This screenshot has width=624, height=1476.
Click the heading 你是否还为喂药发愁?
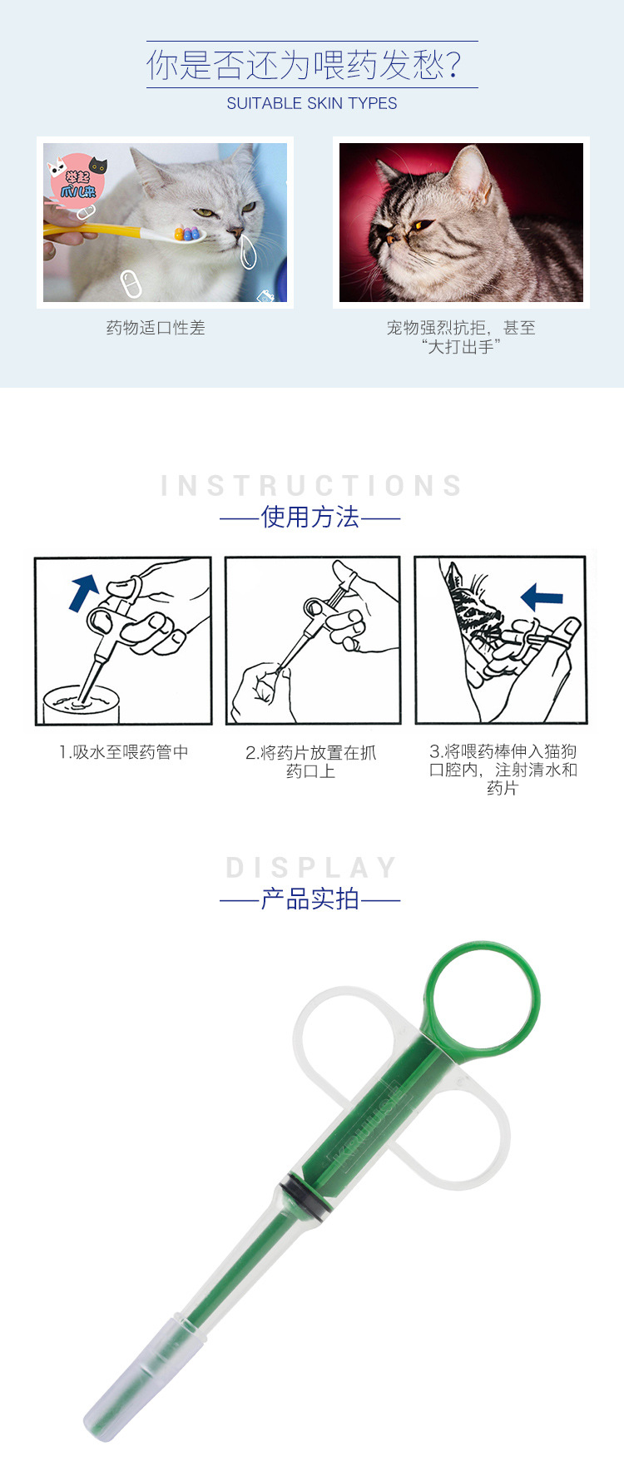[x=305, y=65]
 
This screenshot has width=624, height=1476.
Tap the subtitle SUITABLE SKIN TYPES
[x=312, y=103]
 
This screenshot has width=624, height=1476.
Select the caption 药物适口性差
[x=156, y=328]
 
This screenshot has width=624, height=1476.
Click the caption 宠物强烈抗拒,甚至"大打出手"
[x=461, y=337]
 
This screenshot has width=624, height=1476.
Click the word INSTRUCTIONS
[x=312, y=485]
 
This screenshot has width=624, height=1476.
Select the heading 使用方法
[x=310, y=517]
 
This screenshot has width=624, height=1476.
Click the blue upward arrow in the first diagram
[x=84, y=592]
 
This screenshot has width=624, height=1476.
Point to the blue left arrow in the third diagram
[x=542, y=596]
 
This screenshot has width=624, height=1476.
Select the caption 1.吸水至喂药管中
[x=124, y=752]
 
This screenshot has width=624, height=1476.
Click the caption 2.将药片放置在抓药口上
[x=310, y=761]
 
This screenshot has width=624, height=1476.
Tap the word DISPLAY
[x=312, y=868]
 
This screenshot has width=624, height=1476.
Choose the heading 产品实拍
[x=310, y=899]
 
